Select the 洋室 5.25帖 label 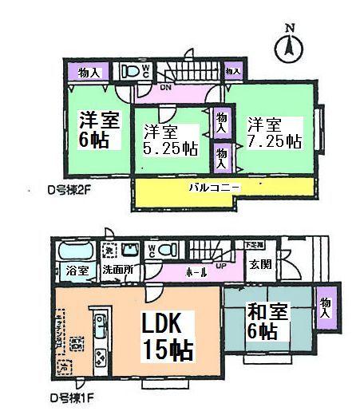170,140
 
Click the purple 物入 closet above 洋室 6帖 89,73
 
